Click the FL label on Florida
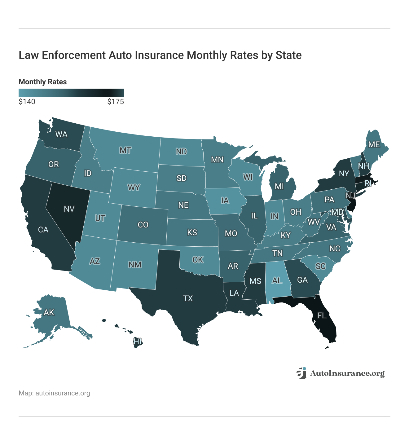click(322, 315)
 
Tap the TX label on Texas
click(188, 298)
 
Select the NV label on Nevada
click(69, 209)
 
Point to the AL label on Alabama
click(277, 280)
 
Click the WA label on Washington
click(61, 134)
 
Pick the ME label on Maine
click(374, 144)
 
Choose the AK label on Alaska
click(49, 312)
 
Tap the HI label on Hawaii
click(138, 341)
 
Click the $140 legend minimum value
click(27, 102)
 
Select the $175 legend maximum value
click(115, 102)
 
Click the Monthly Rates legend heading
click(43, 82)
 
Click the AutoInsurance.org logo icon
click(301, 373)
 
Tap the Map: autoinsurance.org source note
click(54, 393)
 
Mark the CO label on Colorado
click(143, 225)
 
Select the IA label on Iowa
click(225, 200)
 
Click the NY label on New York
click(344, 174)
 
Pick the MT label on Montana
click(125, 150)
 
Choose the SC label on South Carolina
click(320, 266)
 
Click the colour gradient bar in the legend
click(71, 93)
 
